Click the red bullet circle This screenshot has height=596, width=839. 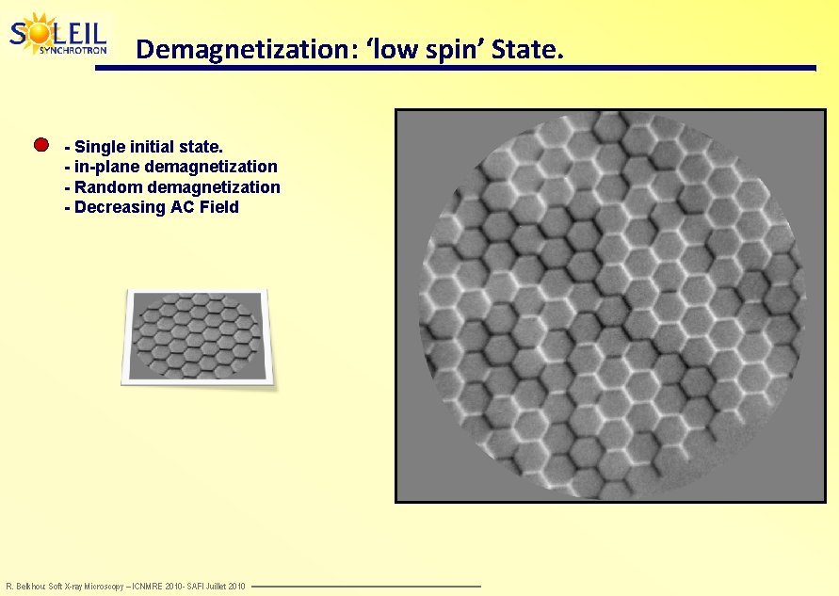coord(40,145)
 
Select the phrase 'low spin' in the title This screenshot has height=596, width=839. coord(408,49)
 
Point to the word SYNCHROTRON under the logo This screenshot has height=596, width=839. coord(73,50)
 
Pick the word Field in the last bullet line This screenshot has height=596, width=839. coord(218,207)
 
